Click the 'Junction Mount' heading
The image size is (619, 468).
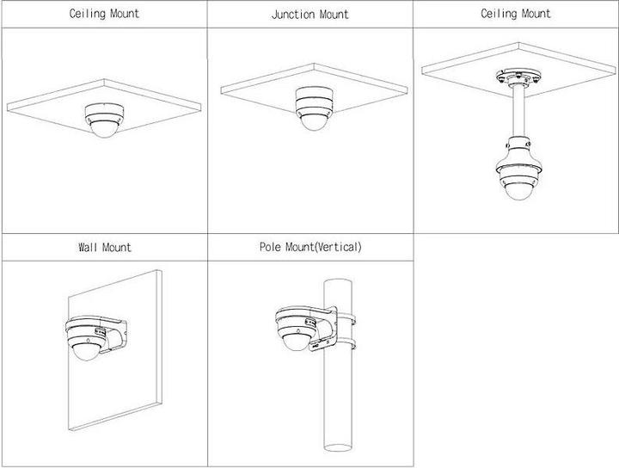[x=309, y=15]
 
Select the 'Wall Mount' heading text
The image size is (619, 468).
[x=104, y=247]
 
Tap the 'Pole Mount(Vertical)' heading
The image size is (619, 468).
[x=310, y=247]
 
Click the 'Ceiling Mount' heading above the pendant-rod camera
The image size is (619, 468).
[x=516, y=14]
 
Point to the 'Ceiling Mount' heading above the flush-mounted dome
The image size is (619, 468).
[x=104, y=14]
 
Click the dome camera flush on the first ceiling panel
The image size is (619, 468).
[x=105, y=118]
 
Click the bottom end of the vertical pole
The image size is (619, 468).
[x=338, y=446]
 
